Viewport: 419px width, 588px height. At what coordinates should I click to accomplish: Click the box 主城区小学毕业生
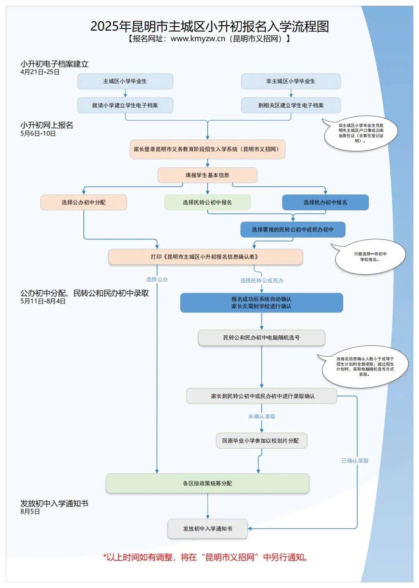(x=125, y=81)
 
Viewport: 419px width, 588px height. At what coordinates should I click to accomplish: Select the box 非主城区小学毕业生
(x=291, y=81)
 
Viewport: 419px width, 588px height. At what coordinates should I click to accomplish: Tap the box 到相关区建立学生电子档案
(x=291, y=105)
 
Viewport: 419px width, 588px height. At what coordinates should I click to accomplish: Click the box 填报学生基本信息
(x=207, y=175)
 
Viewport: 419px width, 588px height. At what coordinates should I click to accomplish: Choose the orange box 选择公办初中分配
(x=83, y=202)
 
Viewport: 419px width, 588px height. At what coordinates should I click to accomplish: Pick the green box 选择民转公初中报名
(x=207, y=202)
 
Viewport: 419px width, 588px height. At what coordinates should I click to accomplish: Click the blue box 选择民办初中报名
(x=325, y=202)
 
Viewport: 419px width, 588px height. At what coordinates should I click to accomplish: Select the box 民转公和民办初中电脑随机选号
(x=261, y=338)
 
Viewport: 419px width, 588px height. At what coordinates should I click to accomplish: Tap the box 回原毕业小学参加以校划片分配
(x=261, y=441)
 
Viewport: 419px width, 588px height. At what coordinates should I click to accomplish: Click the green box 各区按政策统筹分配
(x=207, y=483)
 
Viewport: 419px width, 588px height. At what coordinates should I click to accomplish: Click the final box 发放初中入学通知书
(x=207, y=529)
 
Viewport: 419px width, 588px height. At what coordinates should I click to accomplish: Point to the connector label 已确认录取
(x=355, y=461)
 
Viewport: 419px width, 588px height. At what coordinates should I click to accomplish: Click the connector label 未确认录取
(x=261, y=416)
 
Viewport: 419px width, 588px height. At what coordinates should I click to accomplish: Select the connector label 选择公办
(x=157, y=279)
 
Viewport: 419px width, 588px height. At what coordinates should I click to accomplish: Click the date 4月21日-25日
(x=40, y=72)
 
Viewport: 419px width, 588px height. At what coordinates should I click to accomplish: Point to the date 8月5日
(x=30, y=512)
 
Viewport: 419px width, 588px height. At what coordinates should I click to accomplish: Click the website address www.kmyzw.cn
(x=198, y=38)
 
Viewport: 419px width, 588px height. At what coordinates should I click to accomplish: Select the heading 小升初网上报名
(x=47, y=125)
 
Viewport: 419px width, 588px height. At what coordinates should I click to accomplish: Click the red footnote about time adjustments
(x=206, y=557)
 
